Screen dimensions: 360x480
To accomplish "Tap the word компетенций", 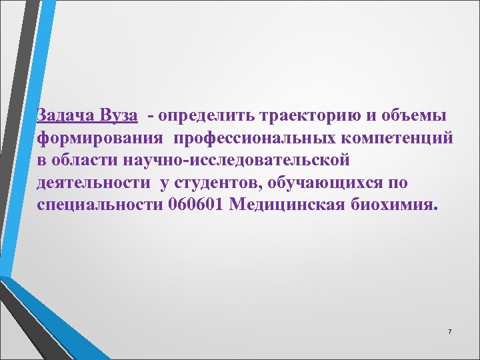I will [397, 138].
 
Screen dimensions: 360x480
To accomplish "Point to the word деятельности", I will [93, 182].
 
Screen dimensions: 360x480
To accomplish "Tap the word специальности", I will [99, 204].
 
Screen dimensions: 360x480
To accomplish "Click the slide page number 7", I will [450, 332].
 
